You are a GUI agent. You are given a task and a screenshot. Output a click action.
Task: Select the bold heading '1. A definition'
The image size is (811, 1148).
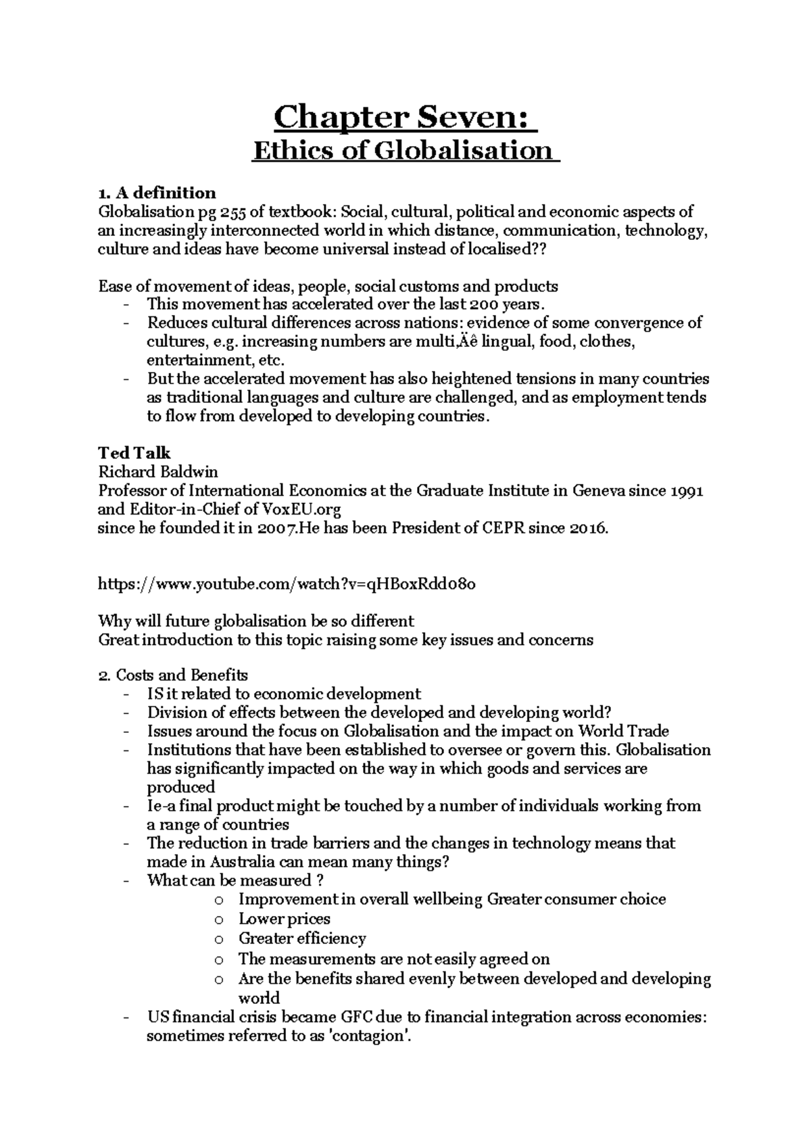coord(157,193)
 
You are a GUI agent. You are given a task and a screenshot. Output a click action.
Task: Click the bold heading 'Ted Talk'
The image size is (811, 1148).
coord(134,453)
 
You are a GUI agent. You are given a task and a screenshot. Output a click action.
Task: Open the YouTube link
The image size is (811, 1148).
coord(287,584)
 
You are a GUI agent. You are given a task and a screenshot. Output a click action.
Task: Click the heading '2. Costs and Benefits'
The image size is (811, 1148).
coord(173,675)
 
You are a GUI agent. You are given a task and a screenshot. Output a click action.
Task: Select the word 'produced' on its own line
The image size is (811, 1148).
coord(181,787)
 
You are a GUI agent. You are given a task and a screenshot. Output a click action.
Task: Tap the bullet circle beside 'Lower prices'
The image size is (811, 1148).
coord(218,919)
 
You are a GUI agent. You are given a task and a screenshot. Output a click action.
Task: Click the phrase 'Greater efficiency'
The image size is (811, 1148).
coord(302,938)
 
